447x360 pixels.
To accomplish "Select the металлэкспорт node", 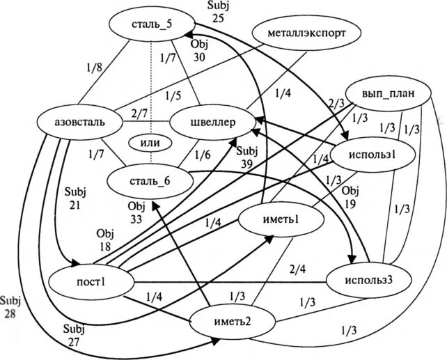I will pyautogui.click(x=306, y=32).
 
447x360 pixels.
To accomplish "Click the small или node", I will pyautogui.click(x=150, y=143).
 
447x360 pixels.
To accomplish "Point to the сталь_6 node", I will pyautogui.click(x=149, y=182).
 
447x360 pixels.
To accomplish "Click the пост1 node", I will pyautogui.click(x=90, y=283).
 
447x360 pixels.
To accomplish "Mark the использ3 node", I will pyautogui.click(x=368, y=281).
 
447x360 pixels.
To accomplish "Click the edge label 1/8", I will pyautogui.click(x=92, y=68).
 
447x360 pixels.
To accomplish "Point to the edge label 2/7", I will pyautogui.click(x=139, y=114).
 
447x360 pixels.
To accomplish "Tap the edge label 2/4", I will pyautogui.click(x=297, y=268).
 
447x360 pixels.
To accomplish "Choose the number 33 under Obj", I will pyautogui.click(x=136, y=219).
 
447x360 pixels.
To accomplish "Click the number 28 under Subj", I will pyautogui.click(x=10, y=313).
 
